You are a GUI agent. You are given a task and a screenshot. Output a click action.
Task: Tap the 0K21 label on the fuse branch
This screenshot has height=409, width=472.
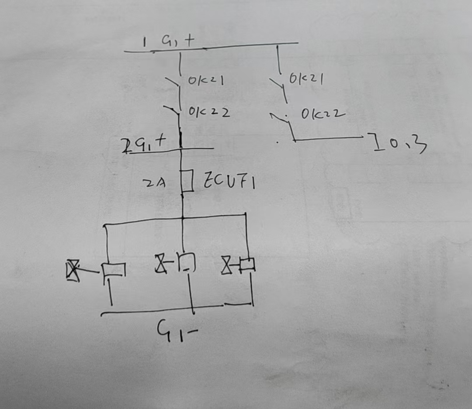tap(206, 81)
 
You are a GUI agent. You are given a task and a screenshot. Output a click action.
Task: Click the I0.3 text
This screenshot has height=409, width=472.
tap(399, 144)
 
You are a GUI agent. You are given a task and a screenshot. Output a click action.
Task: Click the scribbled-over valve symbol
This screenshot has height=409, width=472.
tap(73, 270)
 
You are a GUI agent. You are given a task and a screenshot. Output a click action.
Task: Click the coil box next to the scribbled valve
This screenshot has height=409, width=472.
tap(113, 270)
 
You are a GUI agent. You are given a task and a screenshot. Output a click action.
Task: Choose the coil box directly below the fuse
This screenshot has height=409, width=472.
tap(187, 261)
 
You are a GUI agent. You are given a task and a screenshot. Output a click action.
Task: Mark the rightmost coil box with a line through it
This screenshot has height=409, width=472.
tap(248, 264)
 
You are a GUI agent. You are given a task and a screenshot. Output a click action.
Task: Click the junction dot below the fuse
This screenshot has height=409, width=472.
tap(183, 217)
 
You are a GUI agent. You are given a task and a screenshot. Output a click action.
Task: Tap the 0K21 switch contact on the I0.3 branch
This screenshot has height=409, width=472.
tap(278, 85)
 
